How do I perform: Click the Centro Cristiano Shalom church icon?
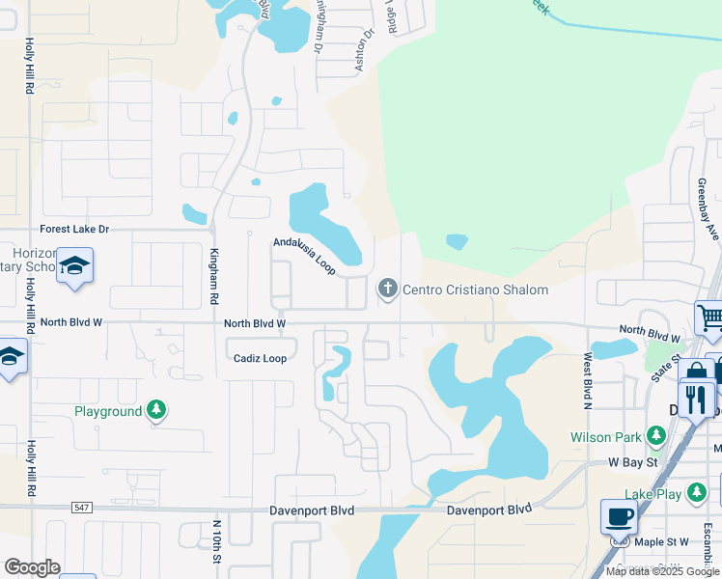387,289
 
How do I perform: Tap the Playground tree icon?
156,411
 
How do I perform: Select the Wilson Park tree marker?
655,437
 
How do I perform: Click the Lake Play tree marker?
695,494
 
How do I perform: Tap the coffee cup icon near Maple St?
619,516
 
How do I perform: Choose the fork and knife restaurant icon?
696,399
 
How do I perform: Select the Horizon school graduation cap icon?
74,266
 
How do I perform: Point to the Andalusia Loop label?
304,256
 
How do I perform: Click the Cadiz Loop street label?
260,358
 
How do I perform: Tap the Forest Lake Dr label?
74,230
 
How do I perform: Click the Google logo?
32,567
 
